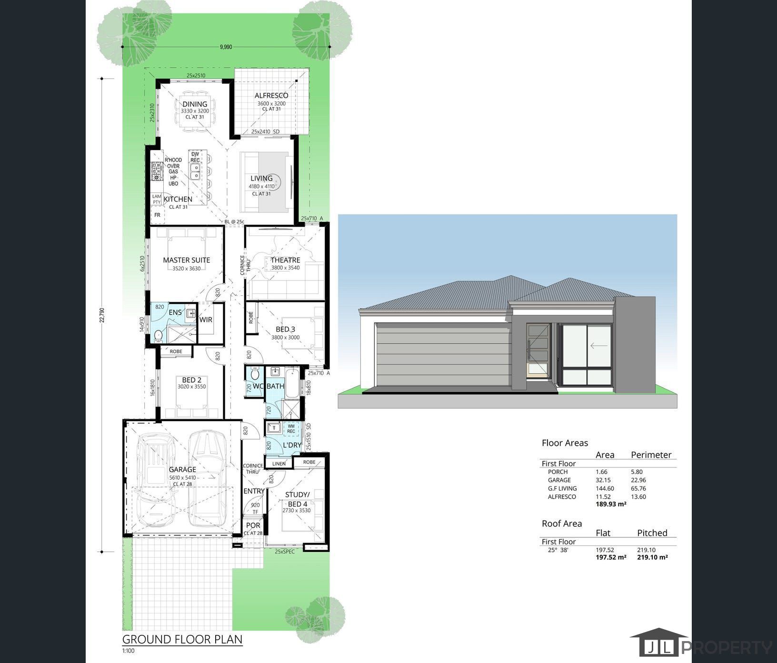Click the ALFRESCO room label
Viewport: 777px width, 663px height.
point(271,96)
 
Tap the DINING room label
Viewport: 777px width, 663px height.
point(195,104)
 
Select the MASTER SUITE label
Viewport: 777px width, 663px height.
point(186,260)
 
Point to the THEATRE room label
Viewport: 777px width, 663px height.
point(285,260)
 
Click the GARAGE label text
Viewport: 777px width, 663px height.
point(182,469)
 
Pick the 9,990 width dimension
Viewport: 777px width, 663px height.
point(226,47)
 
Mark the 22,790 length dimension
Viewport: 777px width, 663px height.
point(101,315)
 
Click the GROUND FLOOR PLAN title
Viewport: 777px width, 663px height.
point(182,639)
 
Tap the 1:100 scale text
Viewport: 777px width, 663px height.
point(129,651)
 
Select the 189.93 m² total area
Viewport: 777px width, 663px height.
point(611,504)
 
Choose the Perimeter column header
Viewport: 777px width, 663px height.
point(651,455)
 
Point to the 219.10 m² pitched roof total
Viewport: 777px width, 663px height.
point(652,557)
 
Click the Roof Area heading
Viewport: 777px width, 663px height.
point(562,523)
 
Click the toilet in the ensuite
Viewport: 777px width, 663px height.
point(158,336)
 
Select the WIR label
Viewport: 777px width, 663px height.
point(206,320)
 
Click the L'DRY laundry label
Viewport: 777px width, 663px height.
point(292,445)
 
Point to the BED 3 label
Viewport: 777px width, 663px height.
point(285,329)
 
